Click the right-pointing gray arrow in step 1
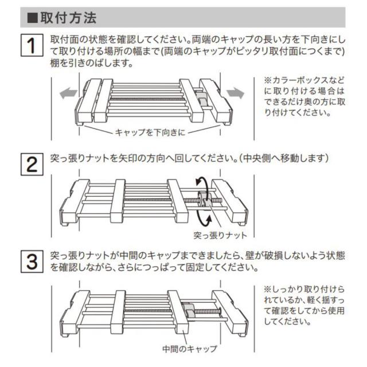[235, 92]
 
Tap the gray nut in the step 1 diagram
[202, 101]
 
